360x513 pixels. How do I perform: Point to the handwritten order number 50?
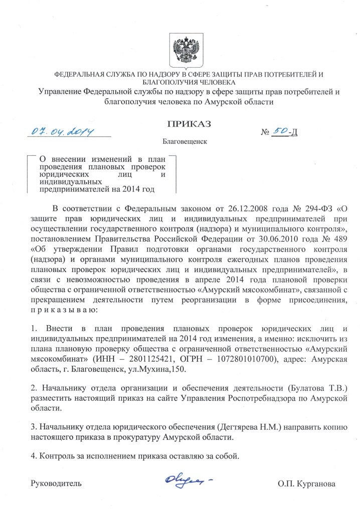279,131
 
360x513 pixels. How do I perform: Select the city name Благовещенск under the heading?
186,142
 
